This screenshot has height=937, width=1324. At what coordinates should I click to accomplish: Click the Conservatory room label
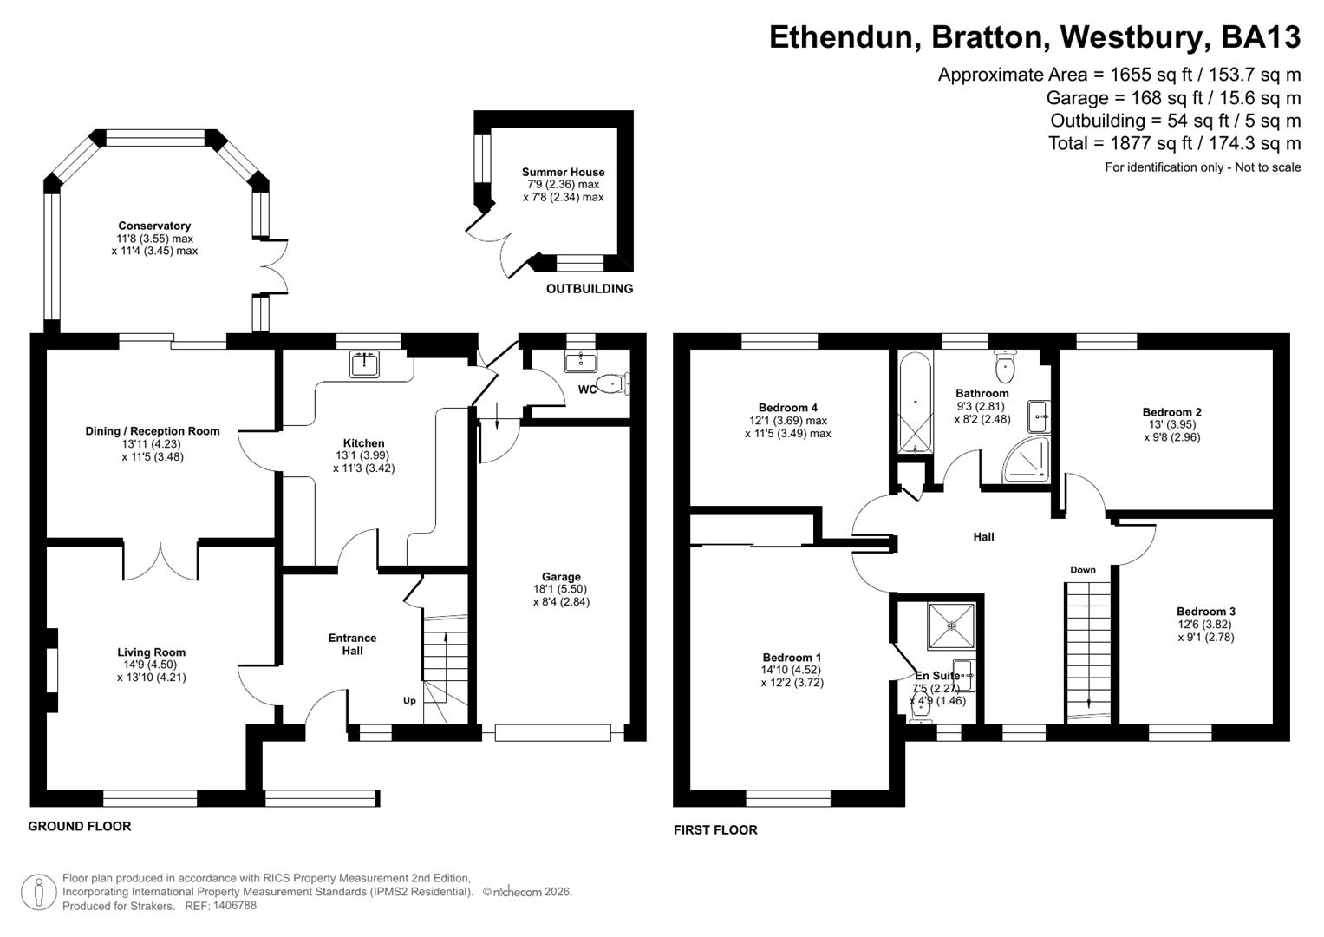coord(154,226)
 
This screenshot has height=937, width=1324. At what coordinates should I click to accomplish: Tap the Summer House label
coord(563,173)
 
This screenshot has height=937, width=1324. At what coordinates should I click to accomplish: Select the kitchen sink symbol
coord(365,364)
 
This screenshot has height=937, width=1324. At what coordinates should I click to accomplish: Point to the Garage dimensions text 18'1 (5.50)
coord(561,589)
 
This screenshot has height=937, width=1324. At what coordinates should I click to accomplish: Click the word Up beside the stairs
coord(409,701)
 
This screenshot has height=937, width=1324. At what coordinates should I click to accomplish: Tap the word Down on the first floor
coord(1082,570)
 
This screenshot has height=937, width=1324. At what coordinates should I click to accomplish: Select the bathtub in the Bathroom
coord(915,403)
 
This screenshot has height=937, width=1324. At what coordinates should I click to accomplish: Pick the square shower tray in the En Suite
coord(951,626)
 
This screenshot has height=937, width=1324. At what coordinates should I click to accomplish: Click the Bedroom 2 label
coord(1171,412)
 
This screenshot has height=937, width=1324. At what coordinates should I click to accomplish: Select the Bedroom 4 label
coord(787,408)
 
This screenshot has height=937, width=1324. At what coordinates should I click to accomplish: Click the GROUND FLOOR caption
coord(80,827)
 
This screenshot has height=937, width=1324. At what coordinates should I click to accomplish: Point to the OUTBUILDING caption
coord(589,289)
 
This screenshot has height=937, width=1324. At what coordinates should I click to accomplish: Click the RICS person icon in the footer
coord(39,892)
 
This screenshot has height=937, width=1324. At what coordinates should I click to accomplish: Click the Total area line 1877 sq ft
coord(1174,143)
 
